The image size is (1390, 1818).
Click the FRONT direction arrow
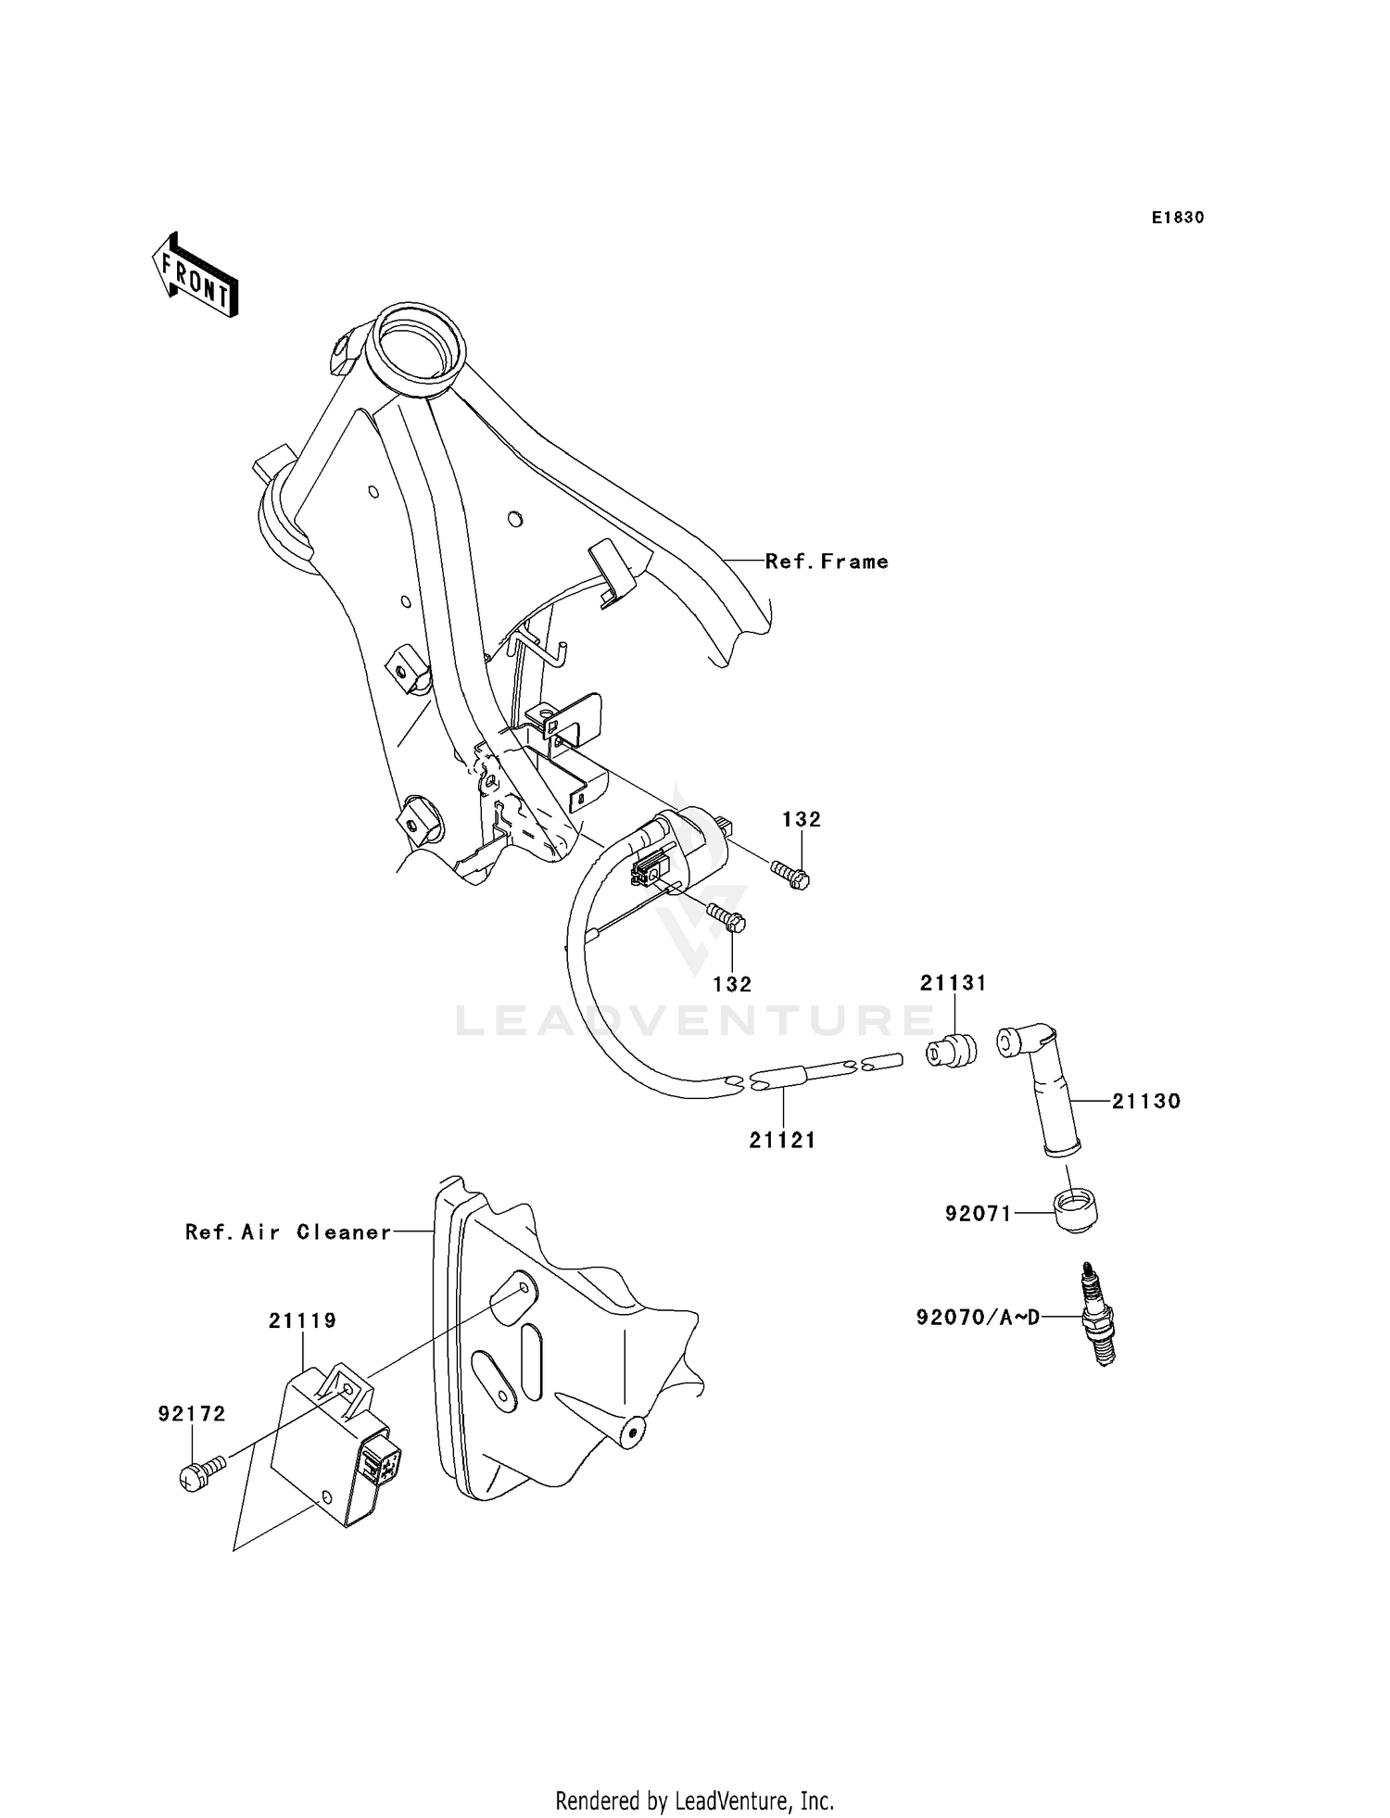pyautogui.click(x=196, y=278)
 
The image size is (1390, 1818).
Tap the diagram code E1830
pyautogui.click(x=1178, y=218)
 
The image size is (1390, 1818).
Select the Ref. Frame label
pyautogui.click(x=827, y=562)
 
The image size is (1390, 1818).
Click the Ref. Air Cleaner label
pyautogui.click(x=288, y=1232)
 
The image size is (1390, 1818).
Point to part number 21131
pyautogui.click(x=954, y=983)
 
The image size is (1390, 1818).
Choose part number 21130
pyautogui.click(x=1146, y=1102)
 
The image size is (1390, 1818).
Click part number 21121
pyautogui.click(x=783, y=1141)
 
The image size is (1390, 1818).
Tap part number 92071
pyautogui.click(x=979, y=1213)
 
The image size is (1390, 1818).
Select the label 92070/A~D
pyautogui.click(x=977, y=1317)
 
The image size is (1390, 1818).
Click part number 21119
pyautogui.click(x=303, y=1320)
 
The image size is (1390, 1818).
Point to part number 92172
pyautogui.click(x=192, y=1414)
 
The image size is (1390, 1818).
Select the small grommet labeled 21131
pyautogui.click(x=954, y=1050)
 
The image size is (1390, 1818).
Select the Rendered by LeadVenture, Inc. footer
pyautogui.click(x=695, y=1801)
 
